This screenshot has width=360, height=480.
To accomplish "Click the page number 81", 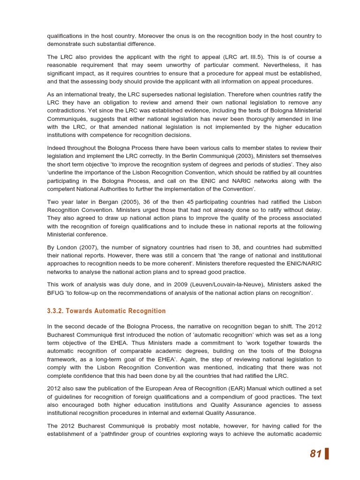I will tap(315, 454).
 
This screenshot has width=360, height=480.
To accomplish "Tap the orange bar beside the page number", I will tap(327, 454).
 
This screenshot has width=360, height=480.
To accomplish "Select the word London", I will tap(65, 247).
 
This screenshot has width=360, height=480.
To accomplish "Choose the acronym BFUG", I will tap(56, 293).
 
